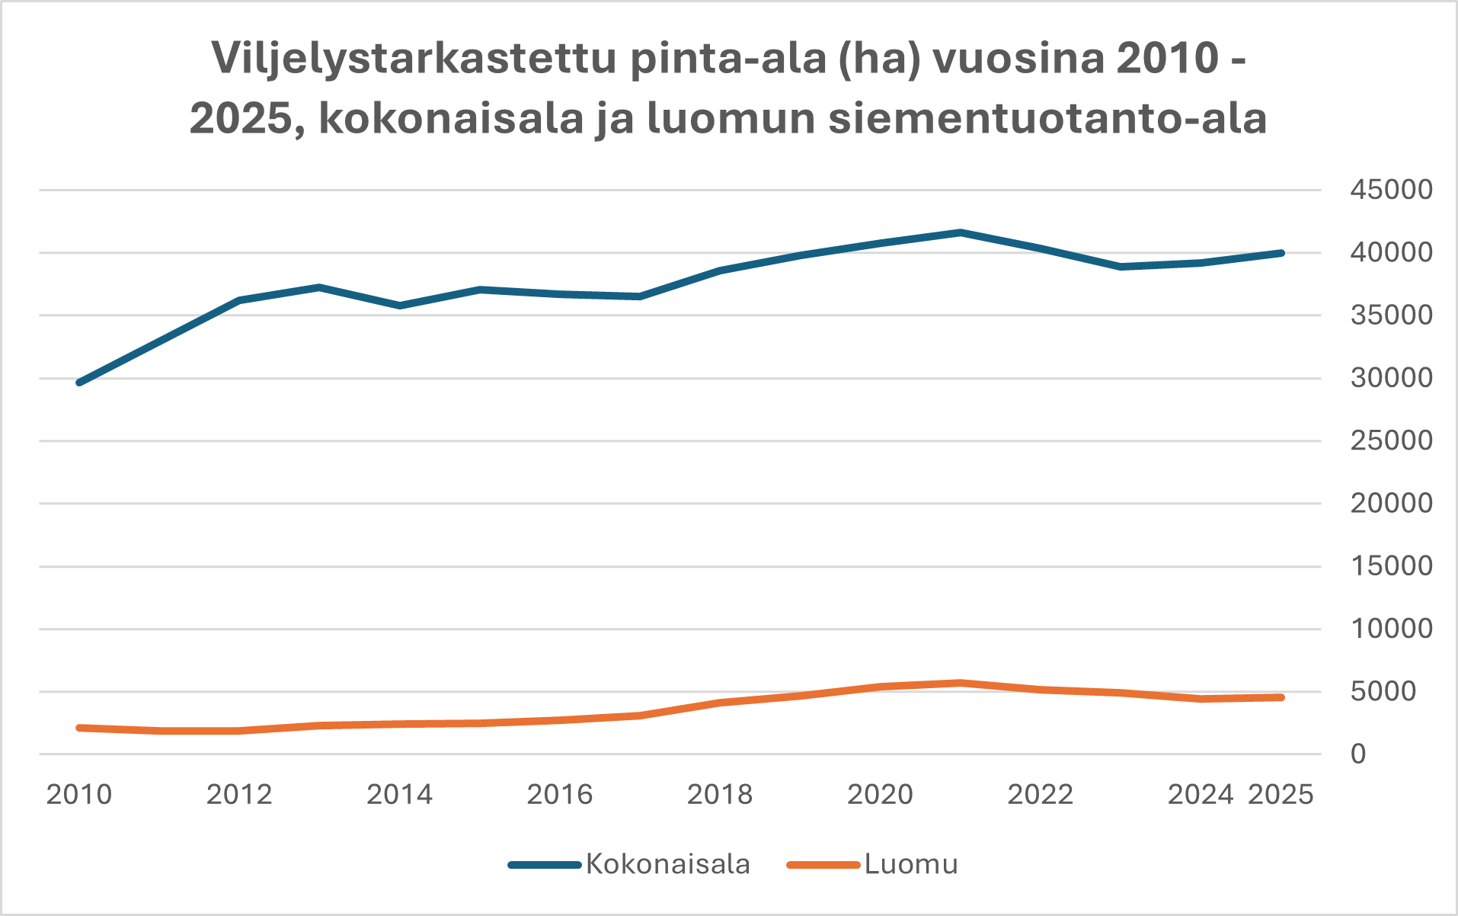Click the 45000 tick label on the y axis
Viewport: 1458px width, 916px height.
[x=1391, y=190]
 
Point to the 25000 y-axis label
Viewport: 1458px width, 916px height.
[x=1391, y=440]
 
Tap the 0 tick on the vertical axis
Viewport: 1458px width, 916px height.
[x=1358, y=754]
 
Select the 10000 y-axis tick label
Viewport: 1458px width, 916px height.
[x=1391, y=629]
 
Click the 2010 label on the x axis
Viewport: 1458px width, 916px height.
[x=79, y=795]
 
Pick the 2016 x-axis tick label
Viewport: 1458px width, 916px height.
[x=560, y=795]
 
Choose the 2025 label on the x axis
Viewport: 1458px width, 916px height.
[x=1281, y=795]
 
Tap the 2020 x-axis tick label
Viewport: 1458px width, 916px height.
[x=880, y=795]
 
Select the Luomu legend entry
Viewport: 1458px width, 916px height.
[x=911, y=864]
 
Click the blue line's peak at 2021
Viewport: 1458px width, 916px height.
[x=961, y=232]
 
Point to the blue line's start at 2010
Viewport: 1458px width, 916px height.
[x=79, y=383]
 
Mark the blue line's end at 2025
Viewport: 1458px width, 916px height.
[x=1281, y=253]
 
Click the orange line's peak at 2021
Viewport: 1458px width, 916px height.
[x=961, y=683]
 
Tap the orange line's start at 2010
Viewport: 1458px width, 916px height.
[x=79, y=728]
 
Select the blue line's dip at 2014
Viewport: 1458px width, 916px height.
[x=400, y=306]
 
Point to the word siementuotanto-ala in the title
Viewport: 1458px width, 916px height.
[x=1047, y=119]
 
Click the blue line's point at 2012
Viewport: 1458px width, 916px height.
[x=239, y=300]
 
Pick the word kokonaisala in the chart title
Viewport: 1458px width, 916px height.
[x=450, y=119]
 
